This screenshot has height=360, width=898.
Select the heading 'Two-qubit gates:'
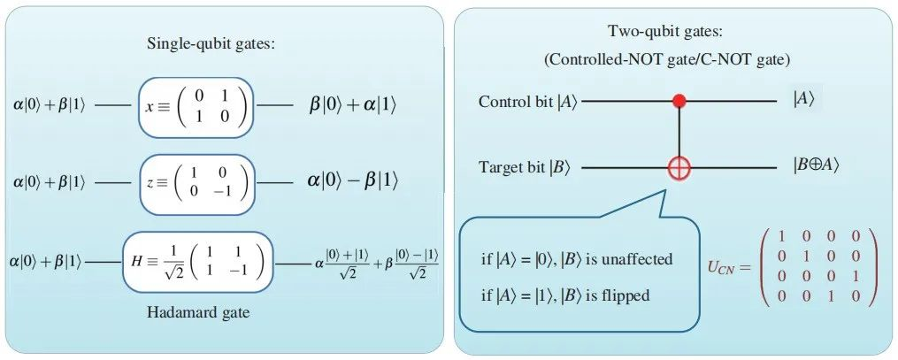pyautogui.click(x=664, y=32)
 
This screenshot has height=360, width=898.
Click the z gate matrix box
pyautogui.click(x=196, y=180)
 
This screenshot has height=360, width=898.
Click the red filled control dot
pyautogui.click(x=679, y=101)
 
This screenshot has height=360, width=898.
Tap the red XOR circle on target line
pyautogui.click(x=679, y=166)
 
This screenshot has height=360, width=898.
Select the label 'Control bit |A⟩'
pyautogui.click(x=527, y=102)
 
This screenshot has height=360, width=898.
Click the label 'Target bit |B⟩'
pyautogui.click(x=527, y=166)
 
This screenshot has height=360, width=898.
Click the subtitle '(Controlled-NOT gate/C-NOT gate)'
pyautogui.click(x=666, y=59)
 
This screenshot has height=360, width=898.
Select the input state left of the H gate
pyautogui.click(x=48, y=262)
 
